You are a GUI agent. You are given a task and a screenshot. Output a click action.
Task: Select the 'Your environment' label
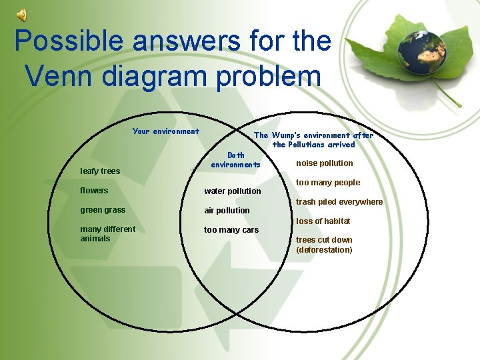[165, 131]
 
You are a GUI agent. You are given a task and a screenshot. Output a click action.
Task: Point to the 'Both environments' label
[235, 160]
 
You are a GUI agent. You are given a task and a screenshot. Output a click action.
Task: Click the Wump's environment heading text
[313, 139]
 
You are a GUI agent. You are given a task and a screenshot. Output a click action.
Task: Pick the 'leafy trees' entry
[100, 171]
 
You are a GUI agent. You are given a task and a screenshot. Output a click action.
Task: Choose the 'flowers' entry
[94, 191]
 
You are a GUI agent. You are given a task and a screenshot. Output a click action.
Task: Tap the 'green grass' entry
[103, 210]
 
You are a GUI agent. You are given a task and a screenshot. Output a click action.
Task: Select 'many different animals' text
[107, 234]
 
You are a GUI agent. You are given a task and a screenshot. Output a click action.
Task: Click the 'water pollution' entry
[233, 191]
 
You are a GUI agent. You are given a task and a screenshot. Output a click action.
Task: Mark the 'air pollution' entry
[227, 211]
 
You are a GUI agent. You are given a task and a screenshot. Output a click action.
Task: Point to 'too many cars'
[231, 230]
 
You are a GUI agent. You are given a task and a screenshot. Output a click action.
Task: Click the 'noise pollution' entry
[325, 163]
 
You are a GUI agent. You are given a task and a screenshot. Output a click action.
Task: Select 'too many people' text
[328, 183]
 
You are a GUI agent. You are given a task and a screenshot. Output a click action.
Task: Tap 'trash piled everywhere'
[339, 202]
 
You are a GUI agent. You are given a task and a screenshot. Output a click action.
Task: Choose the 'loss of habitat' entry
[323, 221]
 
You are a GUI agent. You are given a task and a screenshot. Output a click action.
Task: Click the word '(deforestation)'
[324, 250]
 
